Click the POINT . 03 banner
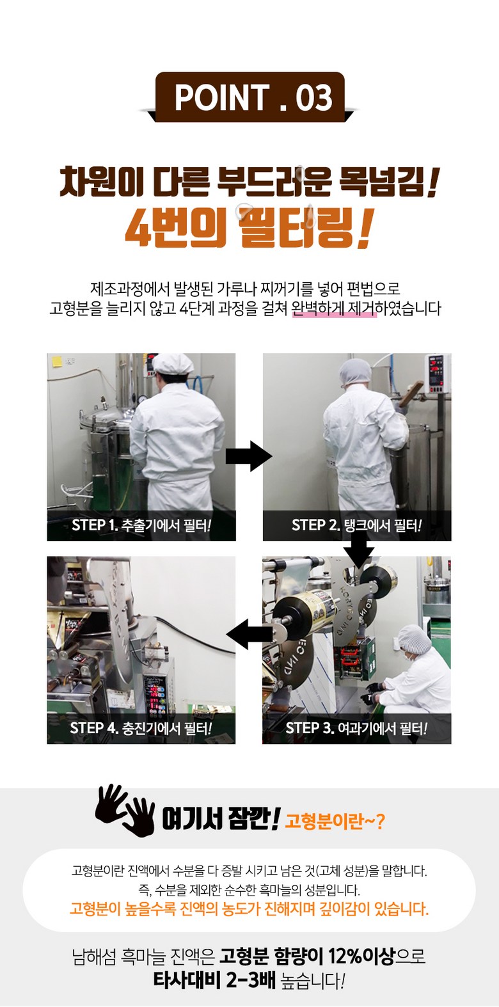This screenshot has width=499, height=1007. [x=250, y=97]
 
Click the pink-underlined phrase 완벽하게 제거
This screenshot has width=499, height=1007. [x=334, y=308]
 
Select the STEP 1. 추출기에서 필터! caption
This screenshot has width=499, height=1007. [x=141, y=525]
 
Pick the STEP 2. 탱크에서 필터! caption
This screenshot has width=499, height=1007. [x=356, y=525]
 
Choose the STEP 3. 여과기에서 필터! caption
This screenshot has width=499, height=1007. [x=356, y=728]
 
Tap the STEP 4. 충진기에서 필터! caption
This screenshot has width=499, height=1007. [x=141, y=728]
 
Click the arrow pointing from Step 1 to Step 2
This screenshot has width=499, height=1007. [x=249, y=456]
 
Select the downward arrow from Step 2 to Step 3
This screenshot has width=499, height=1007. [x=358, y=552]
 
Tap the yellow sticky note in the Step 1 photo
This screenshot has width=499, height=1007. [x=57, y=361]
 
